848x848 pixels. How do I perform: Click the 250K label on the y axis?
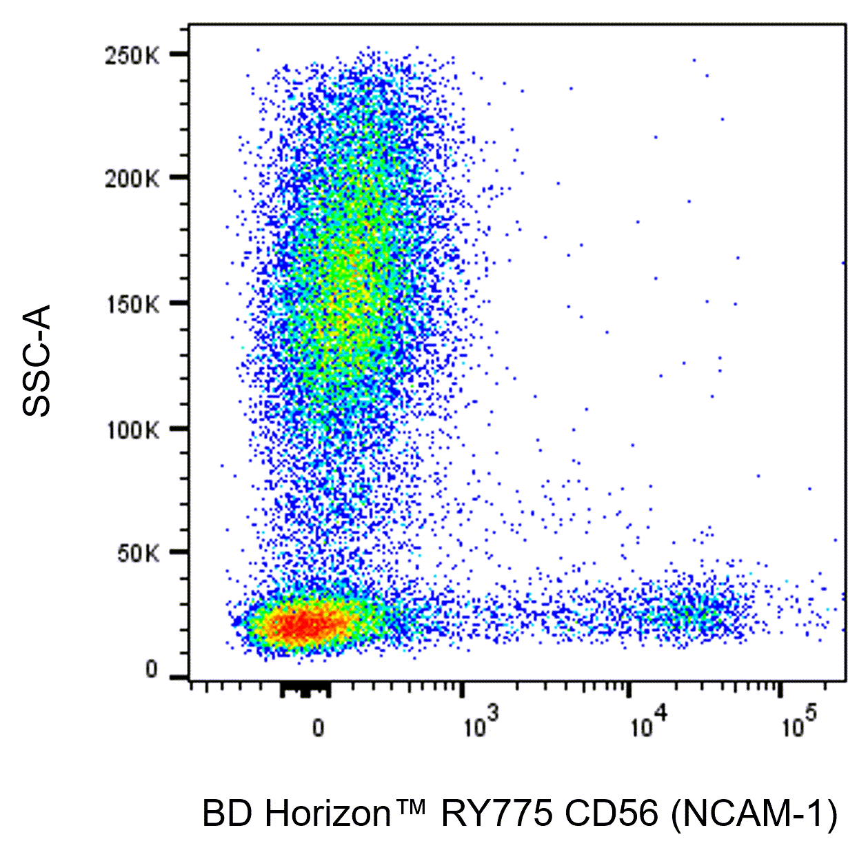point(132,57)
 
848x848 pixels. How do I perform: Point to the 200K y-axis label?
point(132,180)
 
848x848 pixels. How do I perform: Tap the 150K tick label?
point(132,305)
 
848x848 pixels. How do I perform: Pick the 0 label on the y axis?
point(152,669)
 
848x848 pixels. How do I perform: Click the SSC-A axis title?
point(37,360)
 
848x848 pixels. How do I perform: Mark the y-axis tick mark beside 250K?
point(179,54)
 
